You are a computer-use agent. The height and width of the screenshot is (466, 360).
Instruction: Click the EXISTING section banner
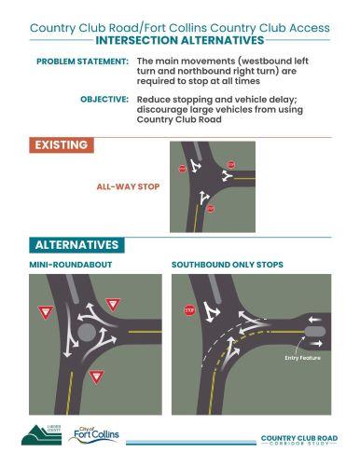62,145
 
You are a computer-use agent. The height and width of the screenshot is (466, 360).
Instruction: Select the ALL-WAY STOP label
128,186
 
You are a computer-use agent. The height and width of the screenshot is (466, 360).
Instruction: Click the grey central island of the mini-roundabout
87,331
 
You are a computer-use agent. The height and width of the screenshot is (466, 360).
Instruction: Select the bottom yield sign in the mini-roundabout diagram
95,376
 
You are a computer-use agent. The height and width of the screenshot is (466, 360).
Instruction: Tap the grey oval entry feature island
314,331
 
